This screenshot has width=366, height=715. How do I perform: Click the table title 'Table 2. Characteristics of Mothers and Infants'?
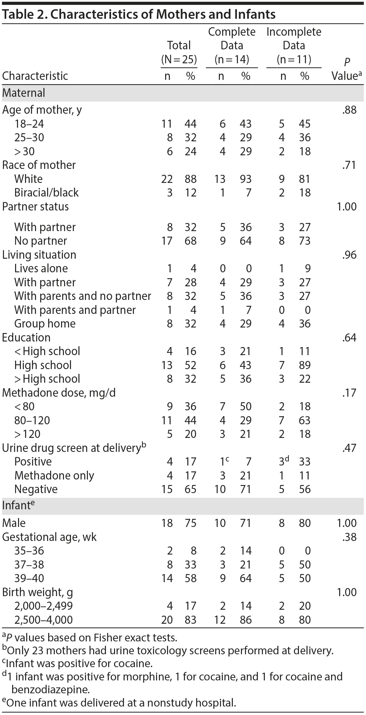(x=139, y=14)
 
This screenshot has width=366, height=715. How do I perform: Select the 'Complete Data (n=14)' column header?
(x=232, y=46)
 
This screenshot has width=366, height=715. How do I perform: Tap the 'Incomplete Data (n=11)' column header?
(x=294, y=46)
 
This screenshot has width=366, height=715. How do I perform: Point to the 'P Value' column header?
(x=347, y=69)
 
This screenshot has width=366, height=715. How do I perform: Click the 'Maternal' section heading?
(x=24, y=93)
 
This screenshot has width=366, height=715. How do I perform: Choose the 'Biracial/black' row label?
(x=46, y=192)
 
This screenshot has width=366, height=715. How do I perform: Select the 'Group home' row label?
(x=45, y=323)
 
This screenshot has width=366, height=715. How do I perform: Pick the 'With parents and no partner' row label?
(x=82, y=296)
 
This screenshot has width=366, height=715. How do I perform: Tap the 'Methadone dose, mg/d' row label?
(x=59, y=393)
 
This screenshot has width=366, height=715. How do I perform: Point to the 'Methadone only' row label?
(x=54, y=475)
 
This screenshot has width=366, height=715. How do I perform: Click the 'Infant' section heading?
(x=16, y=506)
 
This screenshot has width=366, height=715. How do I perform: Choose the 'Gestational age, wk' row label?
(x=49, y=537)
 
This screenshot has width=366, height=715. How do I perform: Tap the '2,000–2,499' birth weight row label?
(x=43, y=606)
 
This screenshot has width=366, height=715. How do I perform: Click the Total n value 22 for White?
(x=167, y=179)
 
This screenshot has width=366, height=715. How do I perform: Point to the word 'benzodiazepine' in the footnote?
(x=51, y=689)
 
